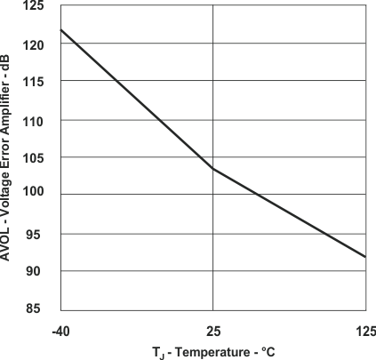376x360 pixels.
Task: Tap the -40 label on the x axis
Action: pos(60,331)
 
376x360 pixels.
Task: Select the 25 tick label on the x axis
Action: pos(212,331)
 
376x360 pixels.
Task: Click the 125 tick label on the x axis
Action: pos(365,331)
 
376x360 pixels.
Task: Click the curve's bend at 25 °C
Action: pos(212,168)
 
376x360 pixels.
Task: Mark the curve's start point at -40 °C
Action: pos(60,30)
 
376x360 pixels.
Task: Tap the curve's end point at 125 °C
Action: pos(365,257)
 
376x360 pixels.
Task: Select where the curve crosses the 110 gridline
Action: pos(159,120)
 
